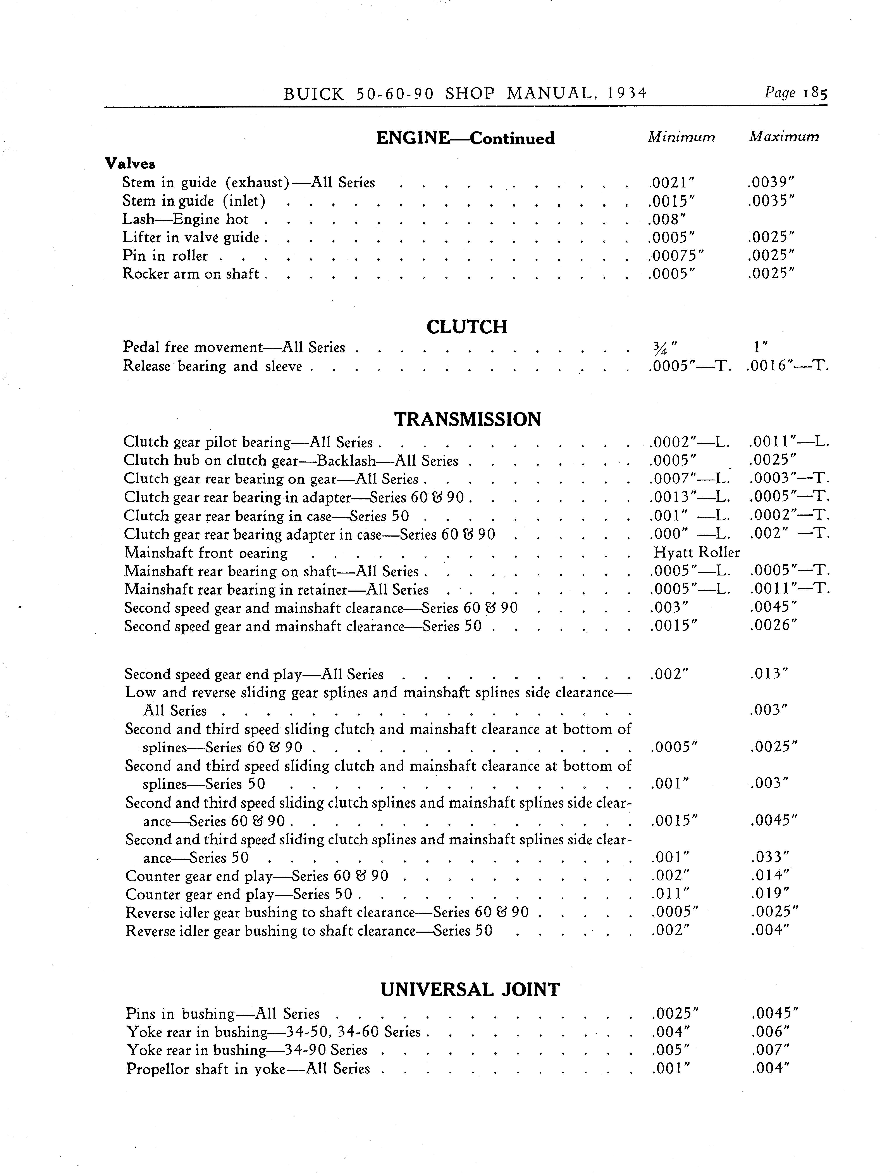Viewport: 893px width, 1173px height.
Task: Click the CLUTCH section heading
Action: (x=467, y=327)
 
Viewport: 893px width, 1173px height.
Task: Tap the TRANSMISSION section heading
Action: (x=467, y=419)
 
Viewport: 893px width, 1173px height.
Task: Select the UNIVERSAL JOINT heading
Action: (x=470, y=989)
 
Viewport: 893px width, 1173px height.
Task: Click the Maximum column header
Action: (x=784, y=137)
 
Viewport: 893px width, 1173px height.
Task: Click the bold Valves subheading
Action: (x=130, y=163)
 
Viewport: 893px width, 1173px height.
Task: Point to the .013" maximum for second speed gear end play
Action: (x=769, y=674)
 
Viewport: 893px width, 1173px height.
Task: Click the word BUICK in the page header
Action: (x=314, y=94)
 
